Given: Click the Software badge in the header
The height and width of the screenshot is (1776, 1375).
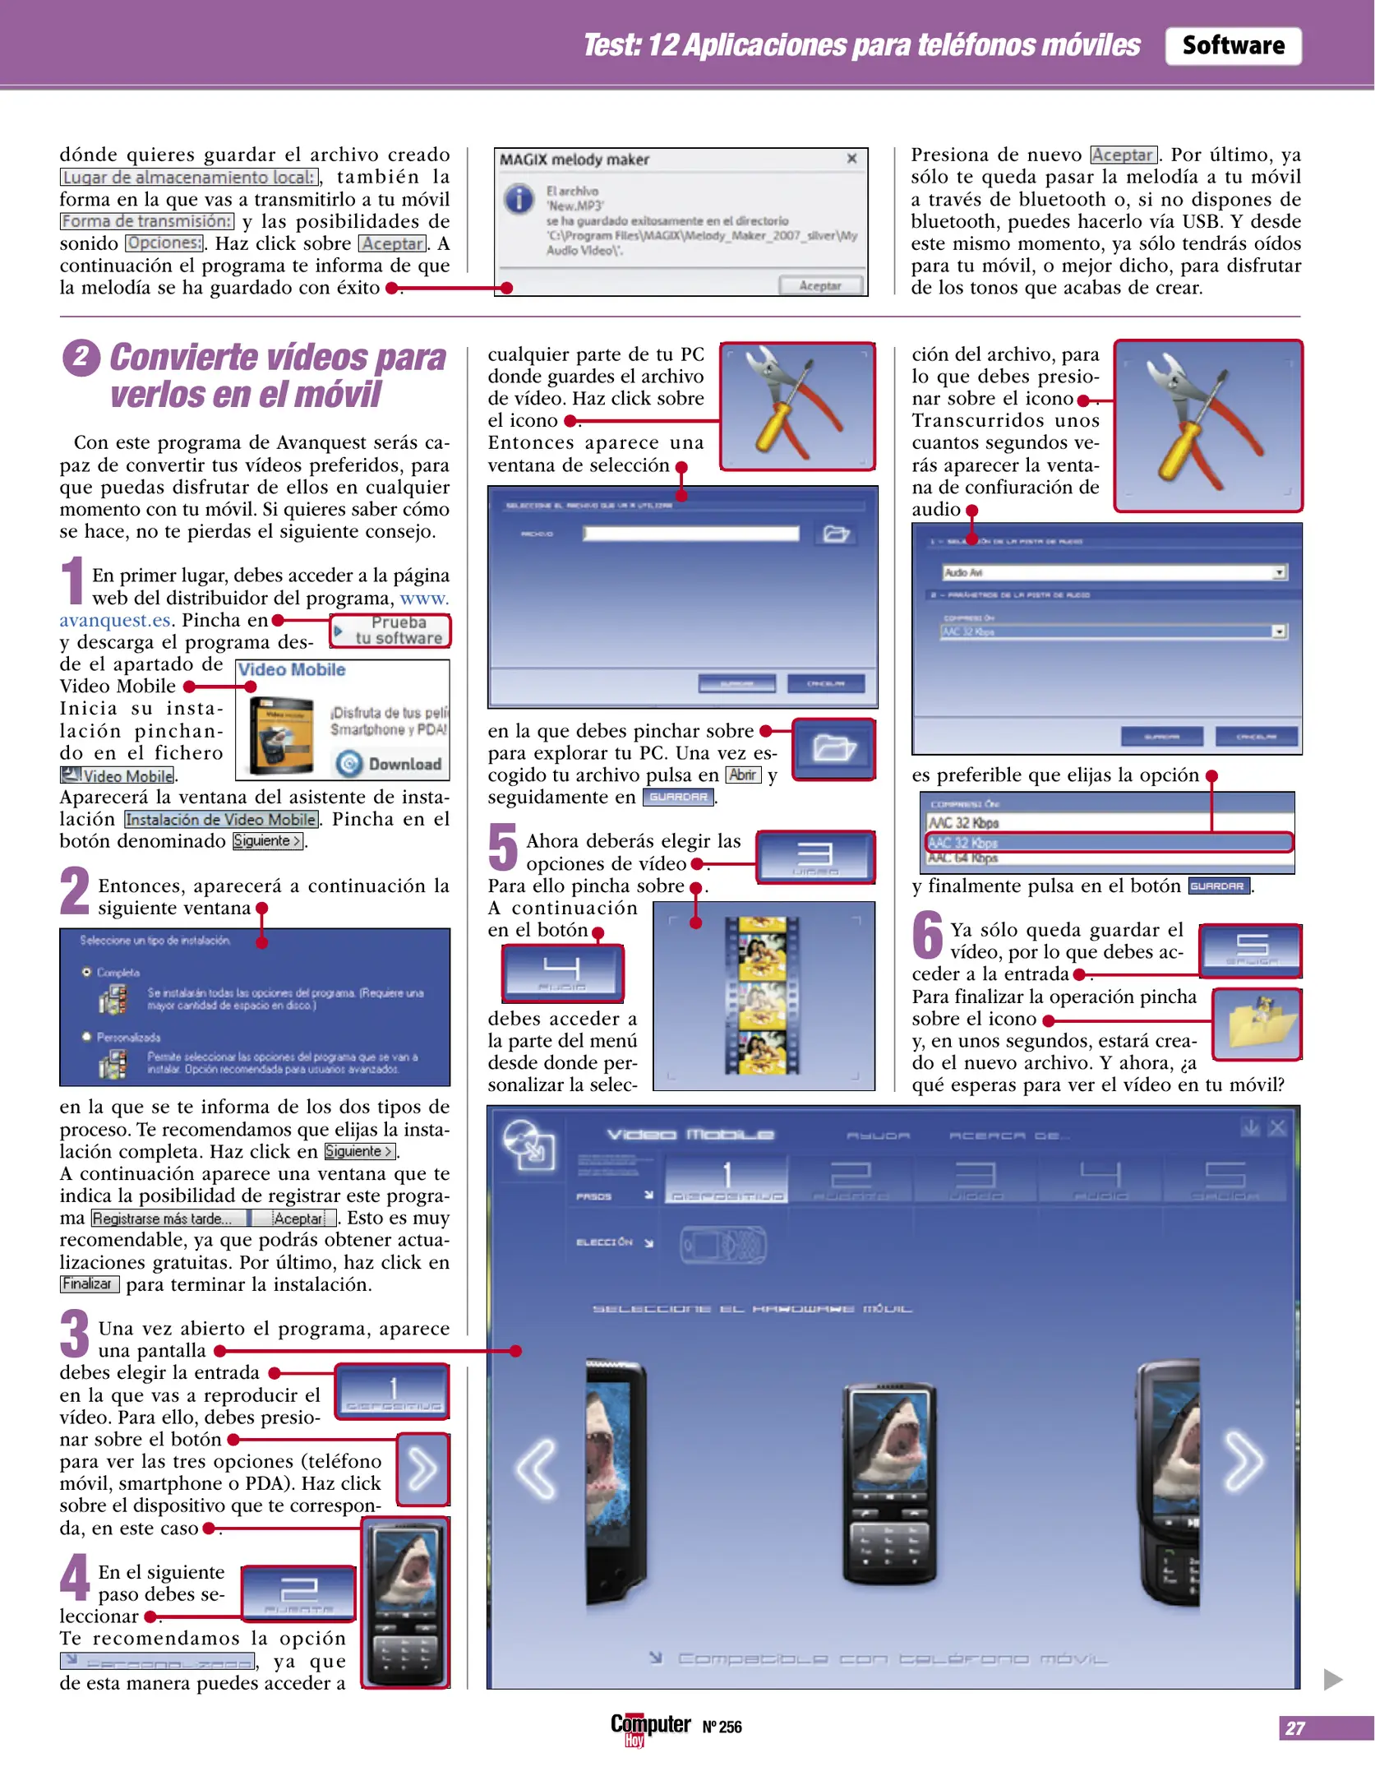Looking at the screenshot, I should click(1232, 46).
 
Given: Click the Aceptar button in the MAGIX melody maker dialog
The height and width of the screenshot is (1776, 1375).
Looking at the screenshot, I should click(819, 285).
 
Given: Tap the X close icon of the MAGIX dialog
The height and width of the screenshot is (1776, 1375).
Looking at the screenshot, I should click(851, 159).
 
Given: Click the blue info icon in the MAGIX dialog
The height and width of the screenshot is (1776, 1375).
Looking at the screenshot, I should click(519, 199).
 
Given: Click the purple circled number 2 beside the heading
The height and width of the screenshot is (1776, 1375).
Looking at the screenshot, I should click(81, 358).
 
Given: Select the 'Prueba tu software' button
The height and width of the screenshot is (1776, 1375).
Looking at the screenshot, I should click(391, 631).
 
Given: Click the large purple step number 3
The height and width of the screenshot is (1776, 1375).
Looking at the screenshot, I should click(75, 1334).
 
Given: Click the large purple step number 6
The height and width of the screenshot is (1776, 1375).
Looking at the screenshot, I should click(927, 935).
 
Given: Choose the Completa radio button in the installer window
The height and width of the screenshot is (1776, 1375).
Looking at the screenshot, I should click(86, 972).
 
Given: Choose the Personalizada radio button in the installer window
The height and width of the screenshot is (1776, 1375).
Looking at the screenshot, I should click(86, 1037).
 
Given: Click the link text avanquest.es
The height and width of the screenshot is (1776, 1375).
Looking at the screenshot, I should click(114, 620).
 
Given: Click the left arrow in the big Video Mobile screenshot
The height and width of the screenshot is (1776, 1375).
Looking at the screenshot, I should click(537, 1468).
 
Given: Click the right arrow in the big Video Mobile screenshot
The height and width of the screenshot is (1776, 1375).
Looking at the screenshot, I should click(1243, 1461).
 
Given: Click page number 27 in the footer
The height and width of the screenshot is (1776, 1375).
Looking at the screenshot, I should click(1294, 1727).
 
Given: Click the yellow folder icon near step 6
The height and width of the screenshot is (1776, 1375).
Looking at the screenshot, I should click(1257, 1024).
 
